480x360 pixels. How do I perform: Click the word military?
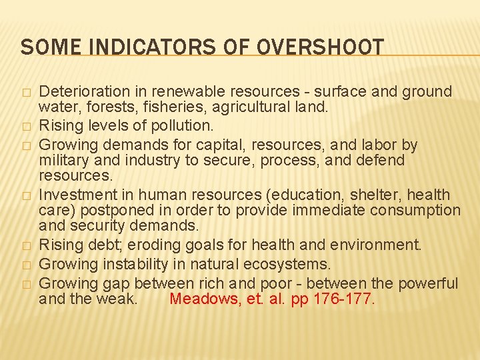(65, 160)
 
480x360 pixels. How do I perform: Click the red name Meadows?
(200, 298)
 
